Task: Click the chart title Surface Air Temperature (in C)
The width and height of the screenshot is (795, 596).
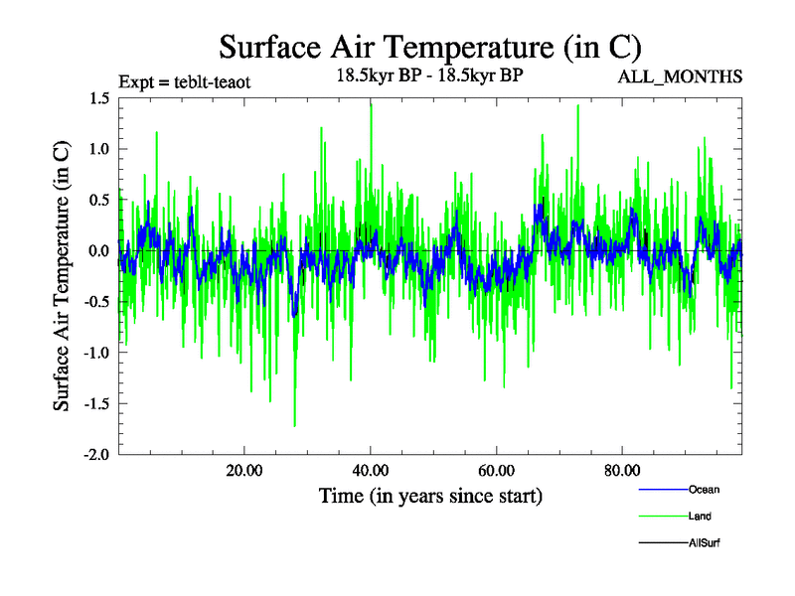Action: click(x=429, y=47)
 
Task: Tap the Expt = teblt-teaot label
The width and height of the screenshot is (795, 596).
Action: click(x=184, y=81)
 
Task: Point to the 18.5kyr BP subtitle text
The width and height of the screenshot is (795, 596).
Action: click(x=429, y=76)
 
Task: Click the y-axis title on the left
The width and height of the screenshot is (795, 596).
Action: click(x=62, y=275)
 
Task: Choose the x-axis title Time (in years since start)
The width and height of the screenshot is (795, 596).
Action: click(x=429, y=495)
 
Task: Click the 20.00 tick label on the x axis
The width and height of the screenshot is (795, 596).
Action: click(x=244, y=470)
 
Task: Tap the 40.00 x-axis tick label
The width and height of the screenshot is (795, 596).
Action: click(x=370, y=470)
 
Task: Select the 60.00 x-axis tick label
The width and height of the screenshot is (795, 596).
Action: click(x=496, y=470)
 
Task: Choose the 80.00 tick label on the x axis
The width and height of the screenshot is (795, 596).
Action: click(x=622, y=470)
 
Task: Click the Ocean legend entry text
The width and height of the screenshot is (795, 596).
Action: click(x=704, y=490)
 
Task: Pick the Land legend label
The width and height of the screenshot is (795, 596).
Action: click(x=700, y=517)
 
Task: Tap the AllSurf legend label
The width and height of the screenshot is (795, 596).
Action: click(x=704, y=543)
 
